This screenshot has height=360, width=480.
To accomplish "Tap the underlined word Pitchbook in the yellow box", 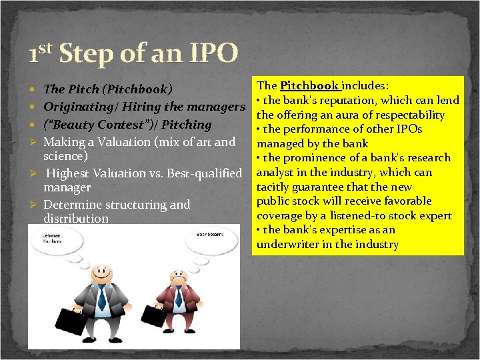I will (310, 85).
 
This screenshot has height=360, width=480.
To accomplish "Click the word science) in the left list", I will (66, 155).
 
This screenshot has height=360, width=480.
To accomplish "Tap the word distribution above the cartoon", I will (76, 219).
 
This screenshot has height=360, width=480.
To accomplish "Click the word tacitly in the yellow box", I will (275, 187).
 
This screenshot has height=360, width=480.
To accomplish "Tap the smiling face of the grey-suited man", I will (101, 273).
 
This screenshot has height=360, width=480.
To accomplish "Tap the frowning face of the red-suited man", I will (178, 278).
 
